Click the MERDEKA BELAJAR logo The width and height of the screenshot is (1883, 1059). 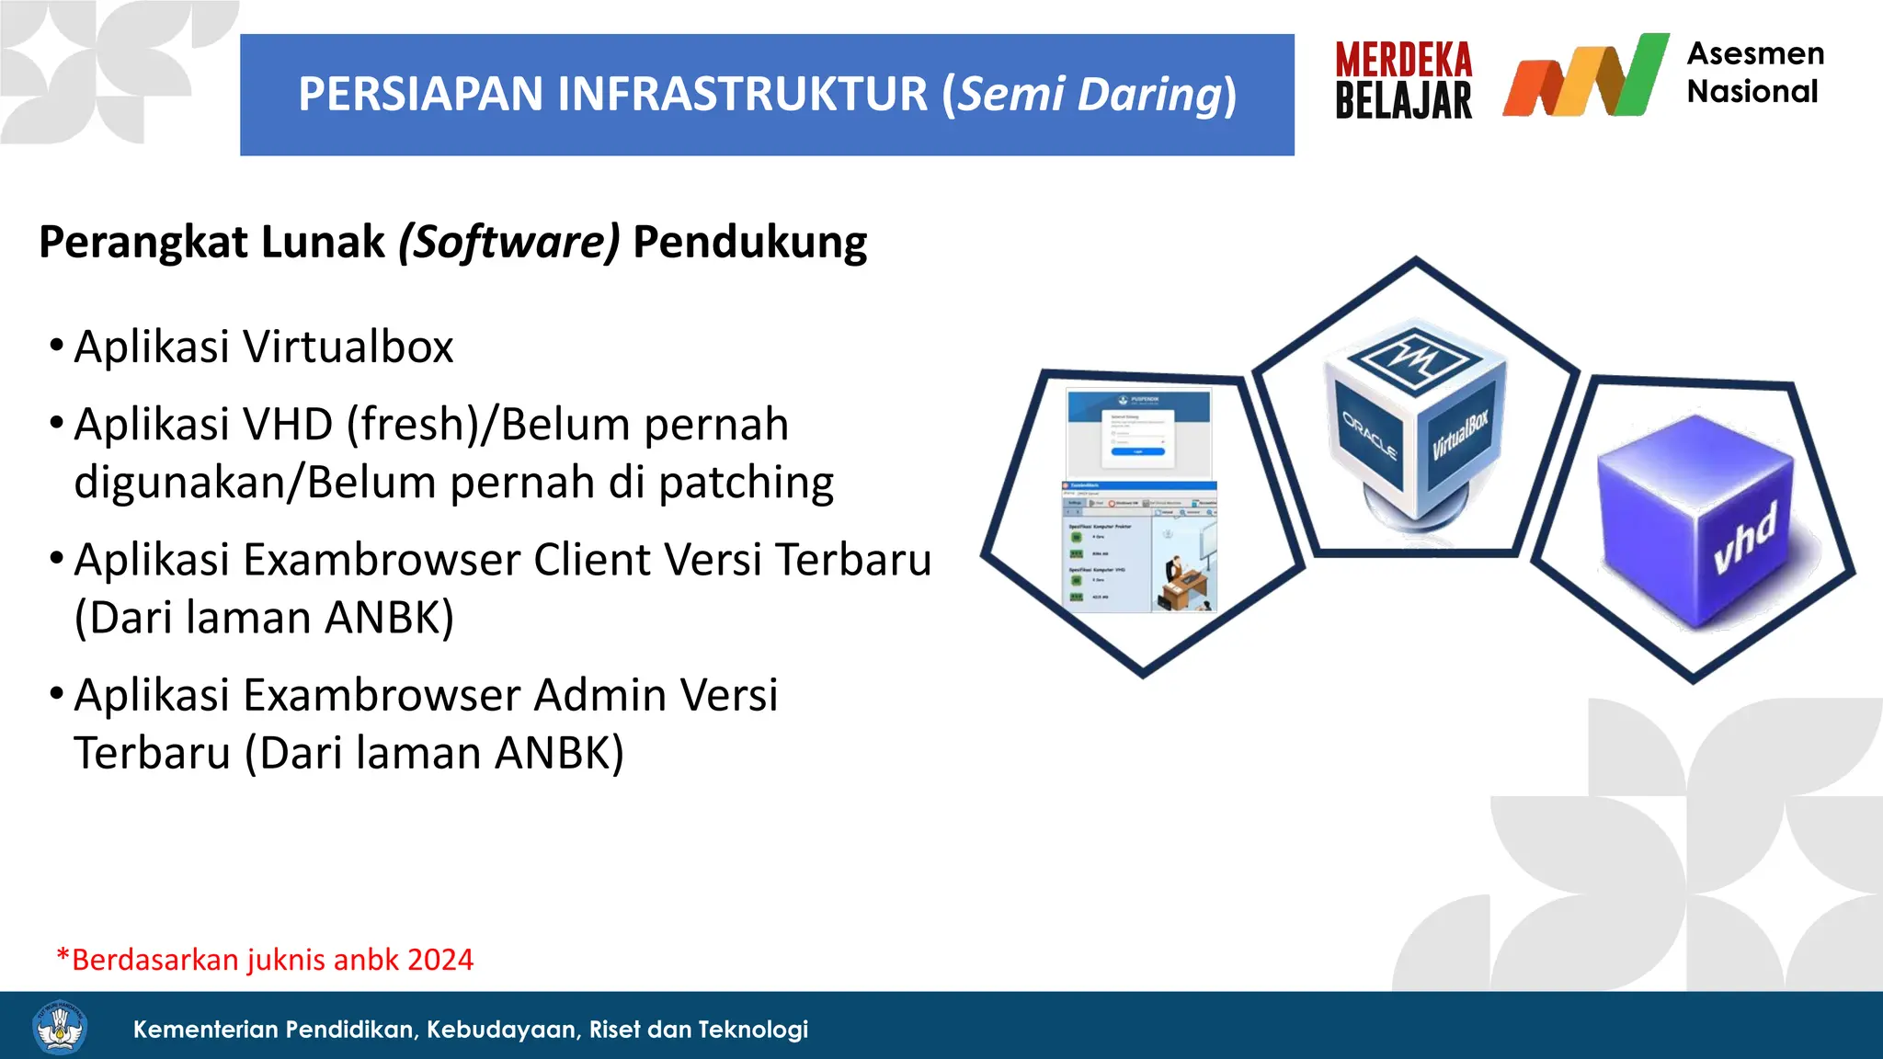click(x=1403, y=81)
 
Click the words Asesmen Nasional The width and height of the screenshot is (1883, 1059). click(x=1754, y=73)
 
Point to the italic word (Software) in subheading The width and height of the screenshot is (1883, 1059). click(x=508, y=243)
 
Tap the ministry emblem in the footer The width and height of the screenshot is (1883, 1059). click(x=60, y=1028)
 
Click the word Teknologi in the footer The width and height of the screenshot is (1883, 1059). click(x=754, y=1030)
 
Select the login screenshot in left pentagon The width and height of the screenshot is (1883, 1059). click(x=1138, y=432)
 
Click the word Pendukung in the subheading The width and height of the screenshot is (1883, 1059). click(x=749, y=243)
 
